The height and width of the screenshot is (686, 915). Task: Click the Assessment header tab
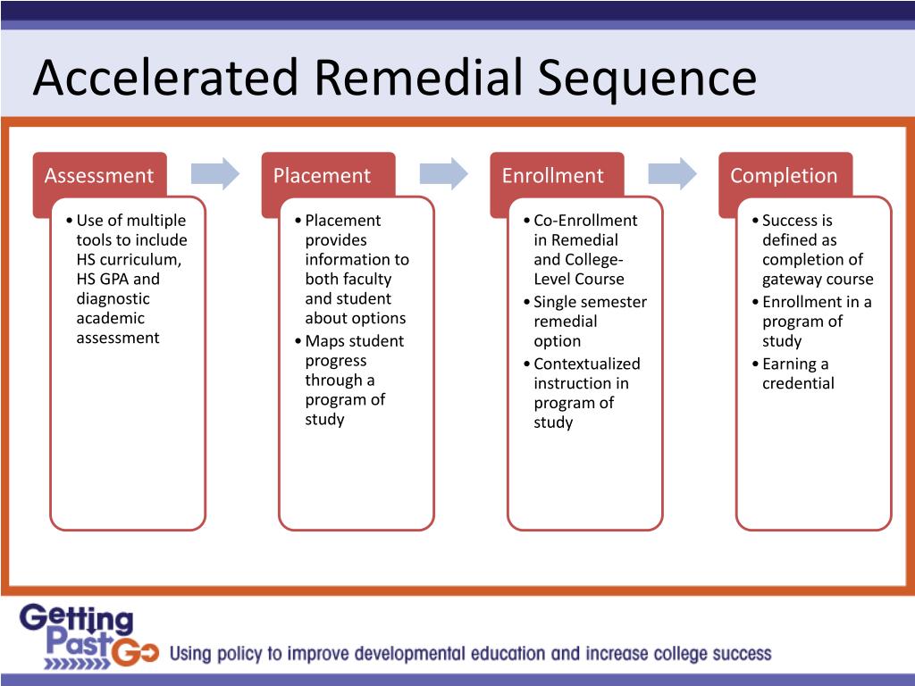pos(99,176)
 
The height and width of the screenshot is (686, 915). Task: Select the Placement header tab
pos(322,176)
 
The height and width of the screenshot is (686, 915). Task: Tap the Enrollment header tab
pos(552,176)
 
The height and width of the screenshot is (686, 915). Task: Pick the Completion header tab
pos(784,176)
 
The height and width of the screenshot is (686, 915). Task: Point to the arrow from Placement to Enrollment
pos(444,173)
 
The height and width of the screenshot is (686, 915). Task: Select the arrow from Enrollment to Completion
pos(673,173)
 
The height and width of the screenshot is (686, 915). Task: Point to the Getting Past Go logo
pos(88,637)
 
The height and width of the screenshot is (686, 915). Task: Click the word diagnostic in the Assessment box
pos(113,298)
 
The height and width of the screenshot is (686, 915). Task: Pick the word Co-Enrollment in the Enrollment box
pos(585,221)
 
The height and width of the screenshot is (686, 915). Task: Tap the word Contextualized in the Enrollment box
pos(587,364)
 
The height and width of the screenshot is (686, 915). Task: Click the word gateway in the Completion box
pos(789,279)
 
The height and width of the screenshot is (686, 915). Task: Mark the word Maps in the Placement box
pos(324,341)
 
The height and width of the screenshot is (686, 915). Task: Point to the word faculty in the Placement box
pos(367,279)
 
